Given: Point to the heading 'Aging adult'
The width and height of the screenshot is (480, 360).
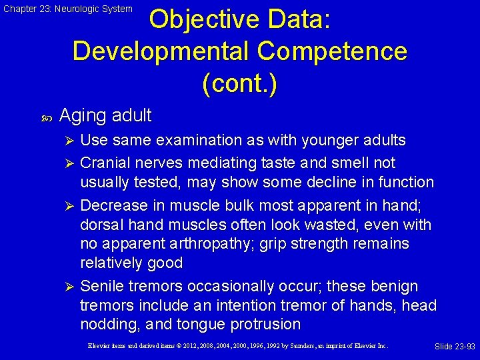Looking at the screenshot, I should pos(105,115).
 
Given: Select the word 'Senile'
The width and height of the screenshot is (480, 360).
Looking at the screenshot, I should pos(101,286).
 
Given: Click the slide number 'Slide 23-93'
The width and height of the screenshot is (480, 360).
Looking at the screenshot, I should pos(455,347).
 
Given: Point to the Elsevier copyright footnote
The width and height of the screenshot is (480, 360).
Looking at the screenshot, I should pos(237,346).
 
